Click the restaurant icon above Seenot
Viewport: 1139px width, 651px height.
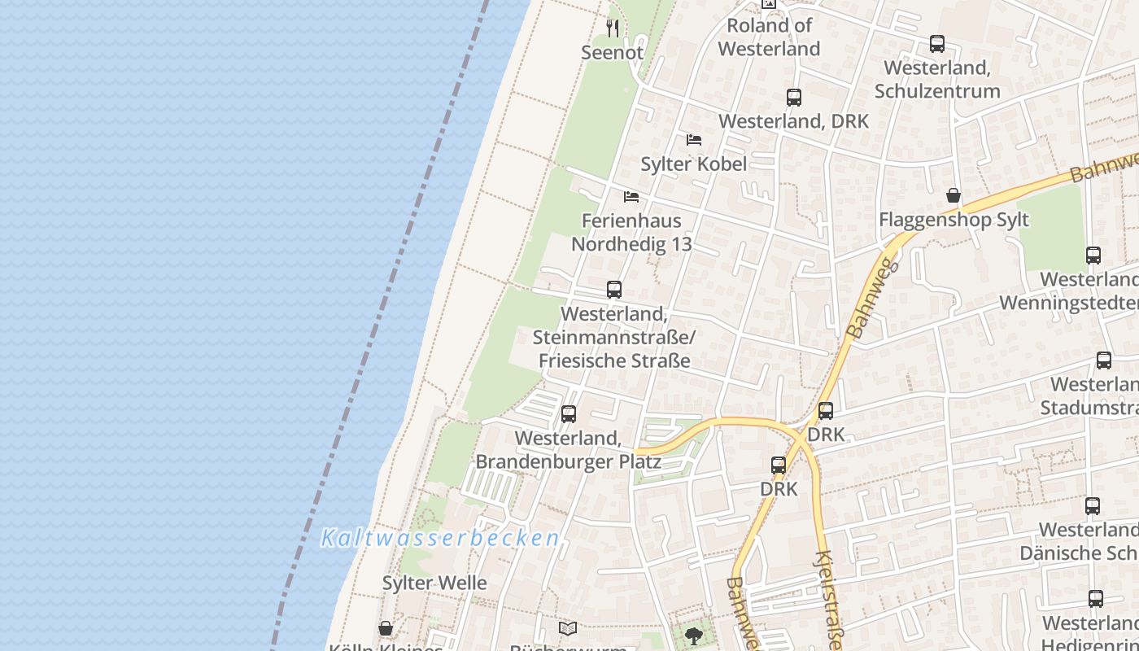[x=613, y=28]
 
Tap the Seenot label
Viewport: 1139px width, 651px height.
[x=612, y=53]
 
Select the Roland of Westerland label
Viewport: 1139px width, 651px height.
[x=769, y=37]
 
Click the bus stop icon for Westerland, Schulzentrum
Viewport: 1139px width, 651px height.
[x=937, y=44]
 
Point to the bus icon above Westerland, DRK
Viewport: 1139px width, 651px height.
[x=794, y=98]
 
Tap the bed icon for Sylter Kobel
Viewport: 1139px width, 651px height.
[x=694, y=140]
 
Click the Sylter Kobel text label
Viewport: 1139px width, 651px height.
[x=693, y=164]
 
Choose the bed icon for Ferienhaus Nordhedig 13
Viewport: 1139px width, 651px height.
[x=631, y=197]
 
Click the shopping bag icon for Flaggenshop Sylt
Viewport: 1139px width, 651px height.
[x=954, y=196]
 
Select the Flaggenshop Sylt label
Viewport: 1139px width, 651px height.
[x=954, y=220]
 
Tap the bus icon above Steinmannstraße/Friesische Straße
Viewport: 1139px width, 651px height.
[x=614, y=290]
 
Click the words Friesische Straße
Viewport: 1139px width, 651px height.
[x=616, y=360]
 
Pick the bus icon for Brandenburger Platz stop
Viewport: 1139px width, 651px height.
[x=569, y=414]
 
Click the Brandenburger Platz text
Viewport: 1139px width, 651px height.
[x=568, y=462]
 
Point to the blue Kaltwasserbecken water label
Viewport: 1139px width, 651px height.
[x=440, y=538]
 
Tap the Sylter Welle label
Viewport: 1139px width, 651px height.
[x=434, y=583]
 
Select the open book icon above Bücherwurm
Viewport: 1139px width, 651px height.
[x=568, y=629]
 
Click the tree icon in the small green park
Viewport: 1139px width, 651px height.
[x=694, y=636]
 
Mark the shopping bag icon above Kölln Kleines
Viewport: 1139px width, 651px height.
[x=386, y=629]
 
